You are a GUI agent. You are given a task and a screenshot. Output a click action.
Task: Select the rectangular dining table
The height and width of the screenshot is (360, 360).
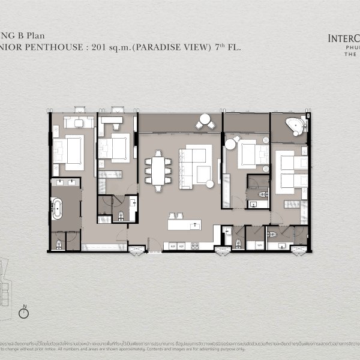[x=158, y=170]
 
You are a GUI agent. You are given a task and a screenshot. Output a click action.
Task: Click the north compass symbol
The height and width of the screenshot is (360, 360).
[x=25, y=312]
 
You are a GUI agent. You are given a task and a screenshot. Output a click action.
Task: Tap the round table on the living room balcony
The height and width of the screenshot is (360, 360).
[x=205, y=120]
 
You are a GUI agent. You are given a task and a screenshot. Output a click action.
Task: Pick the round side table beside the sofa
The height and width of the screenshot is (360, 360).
[x=209, y=184]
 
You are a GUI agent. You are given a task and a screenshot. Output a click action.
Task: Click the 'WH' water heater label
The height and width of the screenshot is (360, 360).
[x=259, y=245]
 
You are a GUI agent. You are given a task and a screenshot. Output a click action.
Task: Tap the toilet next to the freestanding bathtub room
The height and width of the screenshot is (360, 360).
[x=58, y=244]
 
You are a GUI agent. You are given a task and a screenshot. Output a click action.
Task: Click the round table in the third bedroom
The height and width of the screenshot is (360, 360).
[x=230, y=143]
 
